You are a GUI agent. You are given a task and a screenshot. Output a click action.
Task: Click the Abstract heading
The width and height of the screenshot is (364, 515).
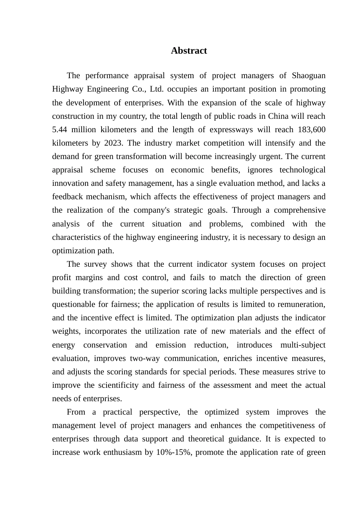189,51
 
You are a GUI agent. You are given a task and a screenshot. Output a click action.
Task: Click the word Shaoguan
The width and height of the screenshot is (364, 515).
308,75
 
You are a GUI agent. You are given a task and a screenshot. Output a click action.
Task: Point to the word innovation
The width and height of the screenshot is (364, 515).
70,183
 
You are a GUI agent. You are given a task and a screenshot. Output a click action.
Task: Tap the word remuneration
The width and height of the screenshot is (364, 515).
302,304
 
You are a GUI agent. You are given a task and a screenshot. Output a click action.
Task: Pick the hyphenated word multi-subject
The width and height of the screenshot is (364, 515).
303,345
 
